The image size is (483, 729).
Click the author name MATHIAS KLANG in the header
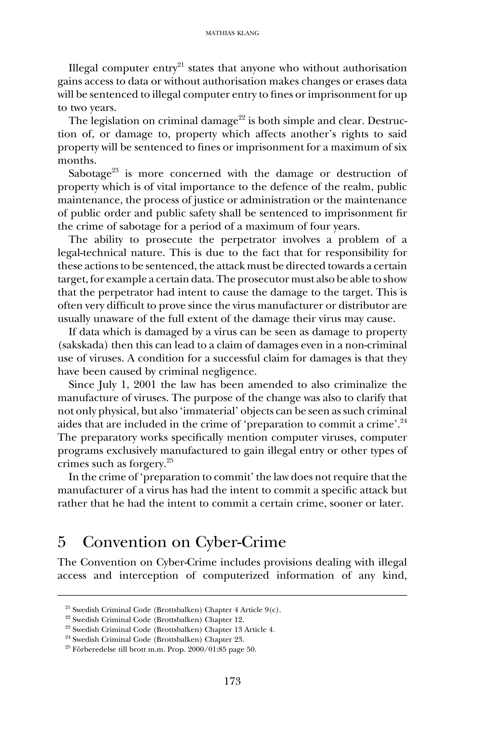[232, 33]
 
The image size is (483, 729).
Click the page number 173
[232, 681]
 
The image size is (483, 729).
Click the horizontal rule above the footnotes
[232, 596]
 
